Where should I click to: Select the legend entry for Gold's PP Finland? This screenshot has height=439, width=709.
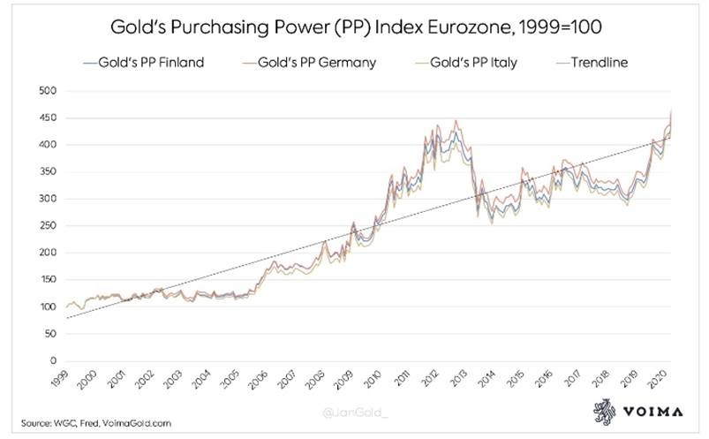(143, 63)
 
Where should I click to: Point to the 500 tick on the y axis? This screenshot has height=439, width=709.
(49, 90)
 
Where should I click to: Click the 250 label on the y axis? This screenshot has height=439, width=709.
(49, 225)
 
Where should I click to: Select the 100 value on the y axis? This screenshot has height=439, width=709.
(49, 307)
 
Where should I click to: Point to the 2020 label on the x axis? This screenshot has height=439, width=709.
(656, 379)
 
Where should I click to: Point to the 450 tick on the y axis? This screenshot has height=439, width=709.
(49, 117)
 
